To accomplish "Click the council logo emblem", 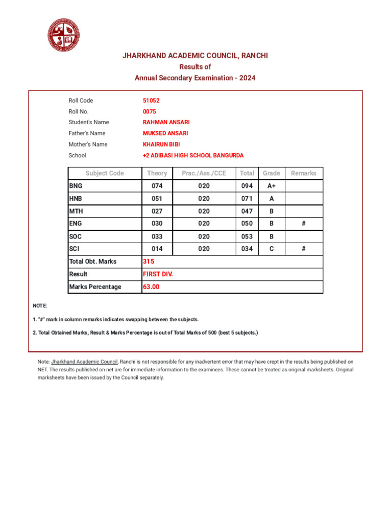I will point(64,35).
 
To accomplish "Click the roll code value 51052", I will point(151,101).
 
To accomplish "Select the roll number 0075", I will point(150,111).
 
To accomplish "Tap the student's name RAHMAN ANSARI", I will point(166,123).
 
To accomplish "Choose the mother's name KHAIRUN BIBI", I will point(161,145).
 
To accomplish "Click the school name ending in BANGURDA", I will point(193,155).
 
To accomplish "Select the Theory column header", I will point(157,173).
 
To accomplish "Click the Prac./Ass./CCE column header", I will point(204,173).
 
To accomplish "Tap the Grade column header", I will point(272,173).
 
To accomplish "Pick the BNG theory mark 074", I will point(157,186).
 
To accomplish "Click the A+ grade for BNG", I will point(272,186).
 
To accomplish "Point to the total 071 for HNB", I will point(247,199).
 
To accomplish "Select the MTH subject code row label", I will point(76,211).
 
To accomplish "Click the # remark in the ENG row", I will point(304,224).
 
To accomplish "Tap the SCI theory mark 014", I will point(157,249).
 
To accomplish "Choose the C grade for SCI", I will point(272,249).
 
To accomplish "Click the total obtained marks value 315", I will point(149,261).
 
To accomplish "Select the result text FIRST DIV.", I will point(158,274).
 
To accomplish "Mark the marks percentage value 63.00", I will point(151,287).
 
